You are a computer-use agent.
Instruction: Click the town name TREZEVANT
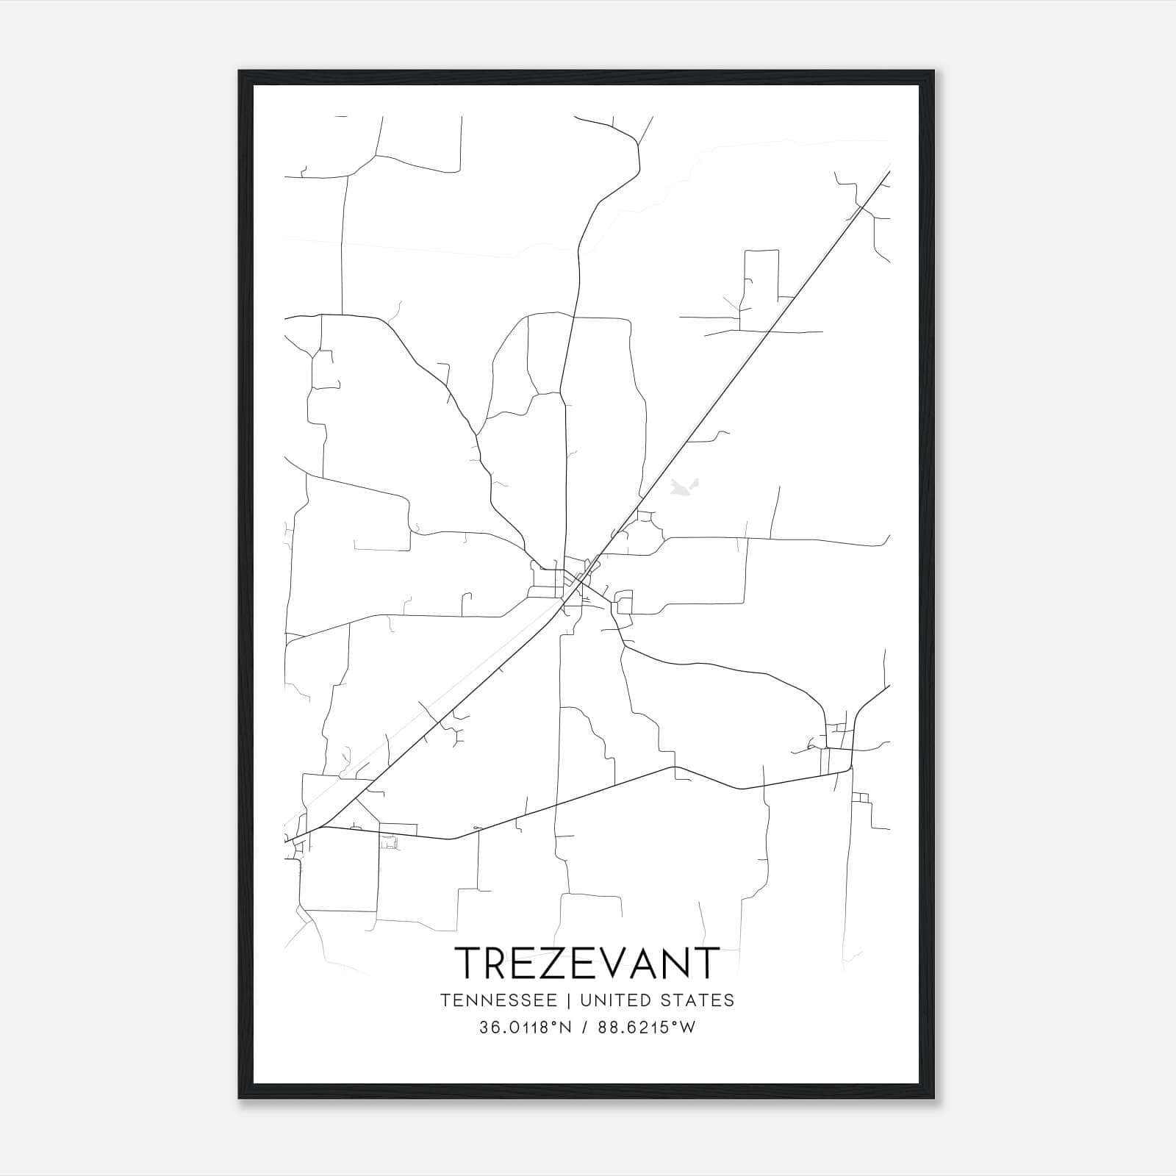point(587,963)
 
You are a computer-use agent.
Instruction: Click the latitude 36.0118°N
point(525,1028)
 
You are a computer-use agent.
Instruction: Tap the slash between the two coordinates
point(584,1028)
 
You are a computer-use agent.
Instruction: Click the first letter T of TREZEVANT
point(471,963)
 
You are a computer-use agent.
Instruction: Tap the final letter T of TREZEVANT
point(706,963)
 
